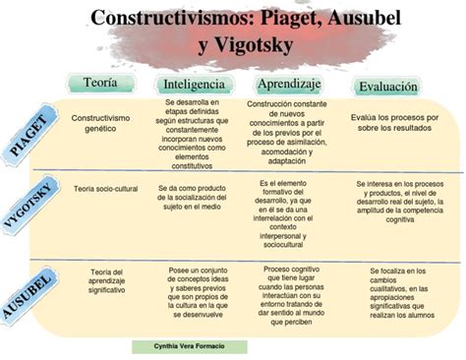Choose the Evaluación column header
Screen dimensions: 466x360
pyautogui.click(x=387, y=87)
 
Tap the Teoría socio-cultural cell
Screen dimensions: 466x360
pyautogui.click(x=104, y=188)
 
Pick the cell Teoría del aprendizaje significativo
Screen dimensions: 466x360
pyautogui.click(x=105, y=281)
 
